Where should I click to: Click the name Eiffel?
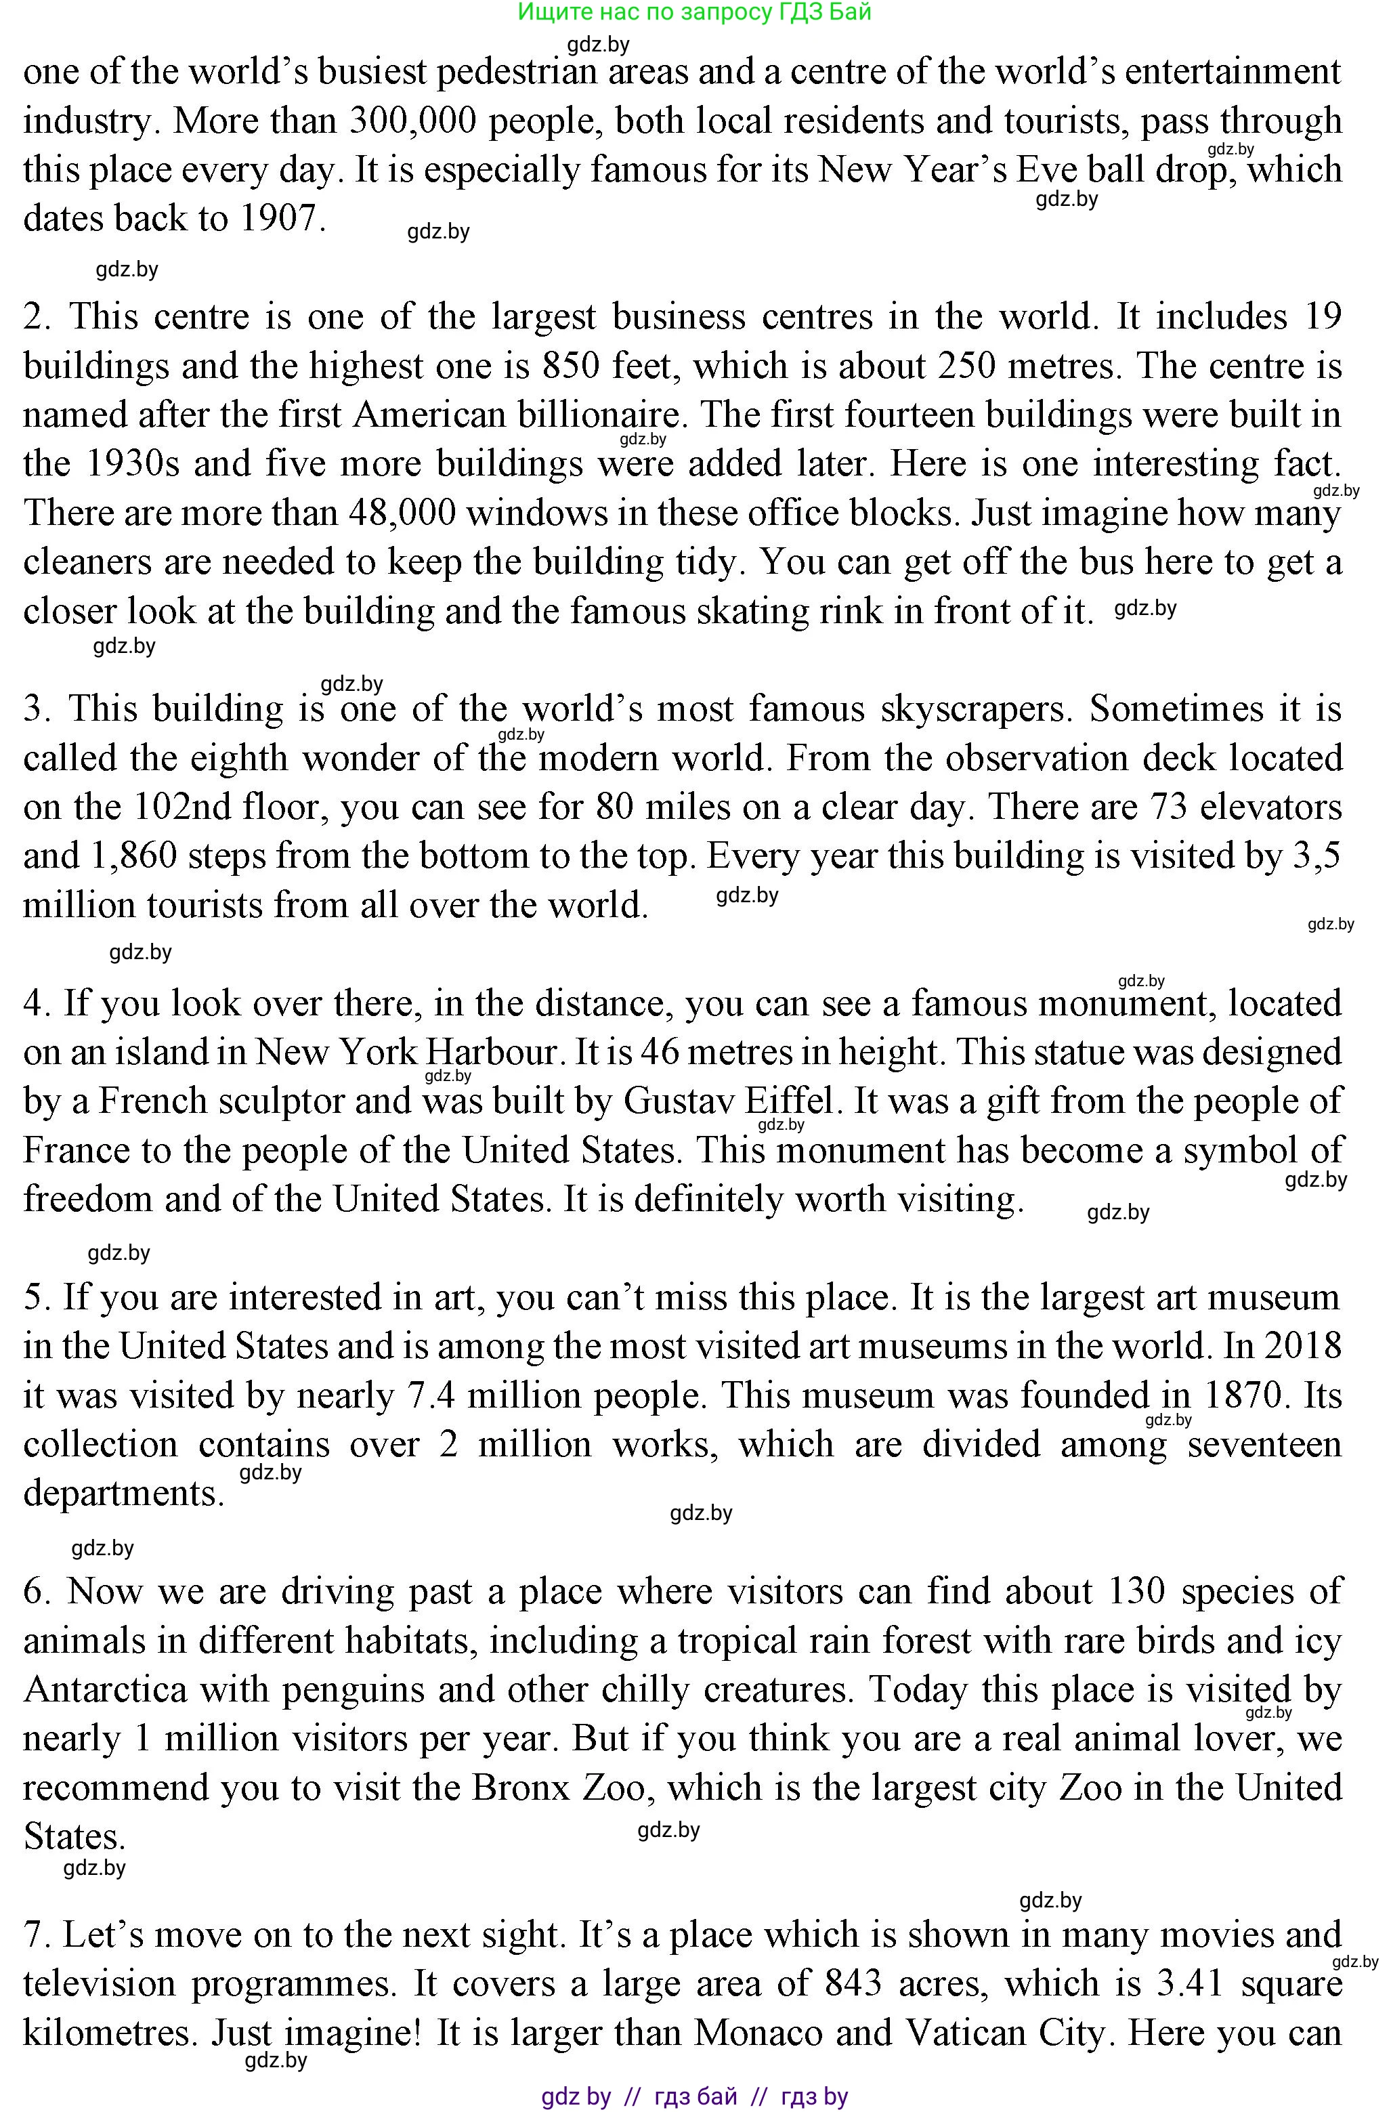(790, 1101)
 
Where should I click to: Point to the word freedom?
(87, 1199)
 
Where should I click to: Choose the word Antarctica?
(105, 1689)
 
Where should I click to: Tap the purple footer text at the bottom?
(695, 2096)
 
